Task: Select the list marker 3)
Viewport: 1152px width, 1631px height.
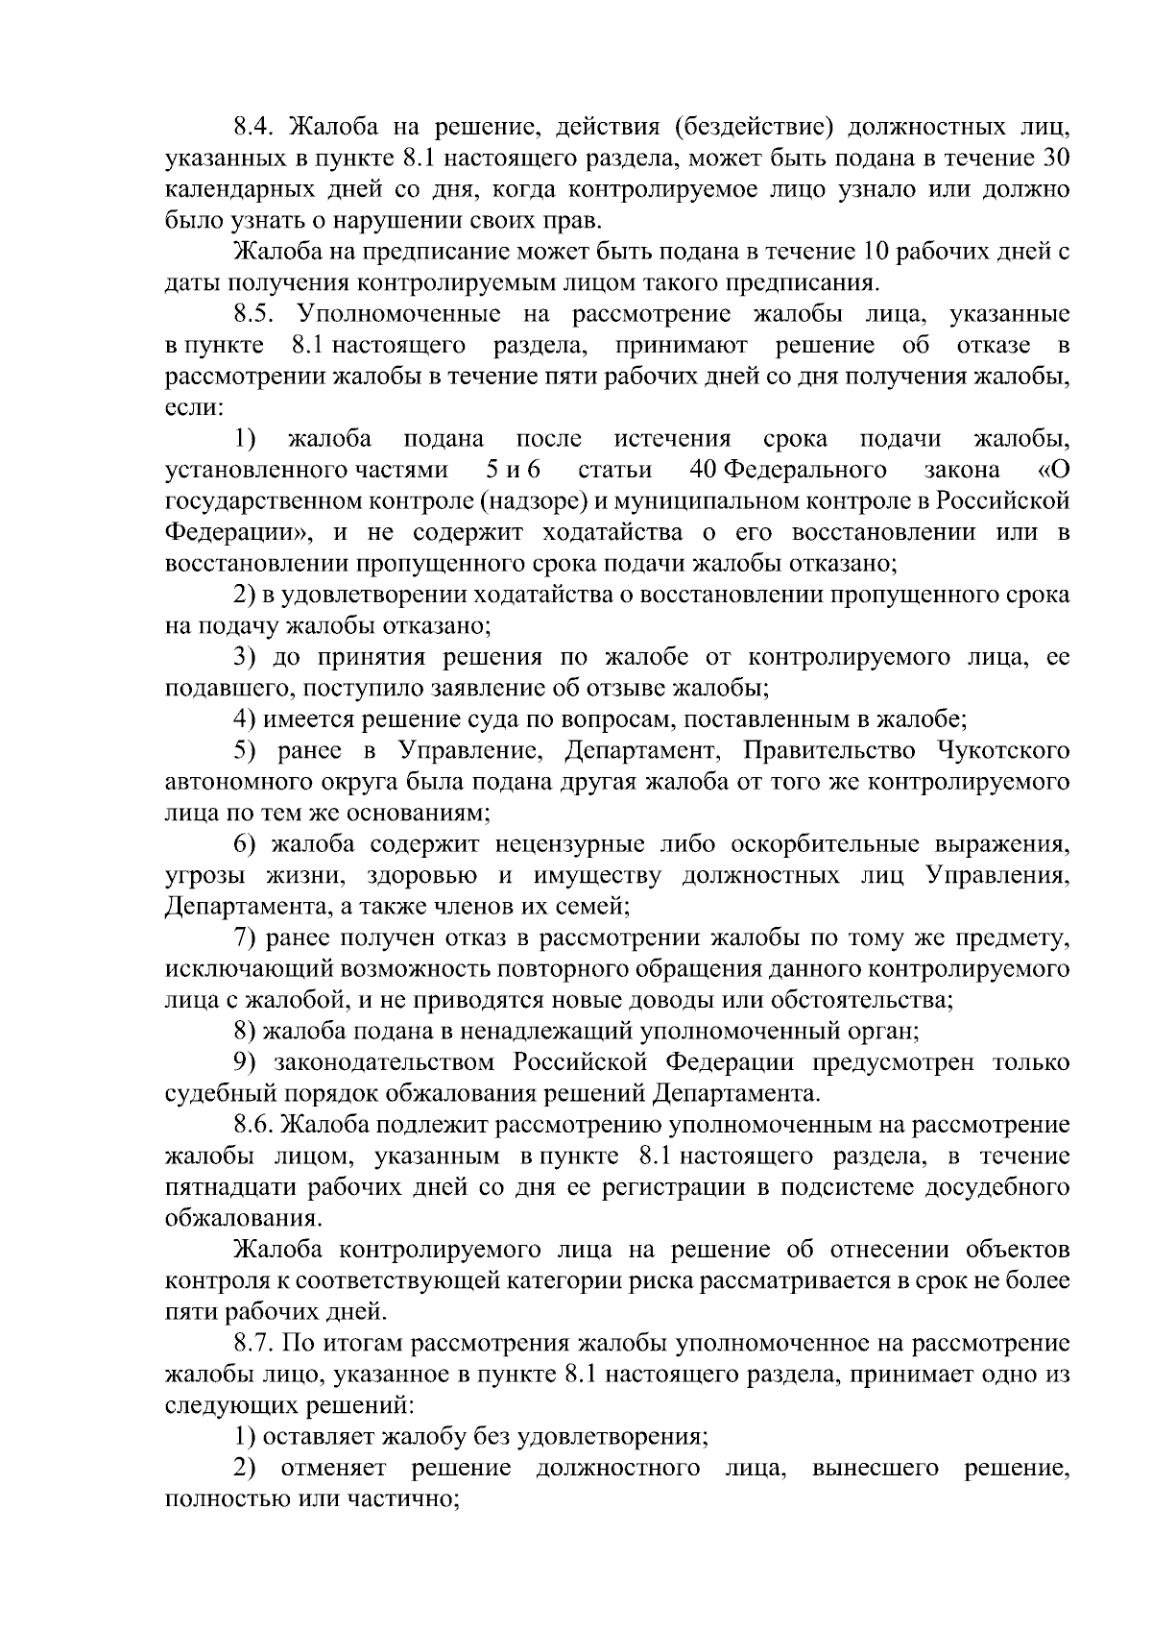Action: point(247,657)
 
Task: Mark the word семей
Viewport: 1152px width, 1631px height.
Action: point(593,906)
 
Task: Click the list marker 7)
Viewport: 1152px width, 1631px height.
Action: point(247,937)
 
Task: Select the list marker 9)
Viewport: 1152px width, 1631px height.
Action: point(247,1062)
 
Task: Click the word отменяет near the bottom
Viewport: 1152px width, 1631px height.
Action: point(333,1468)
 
